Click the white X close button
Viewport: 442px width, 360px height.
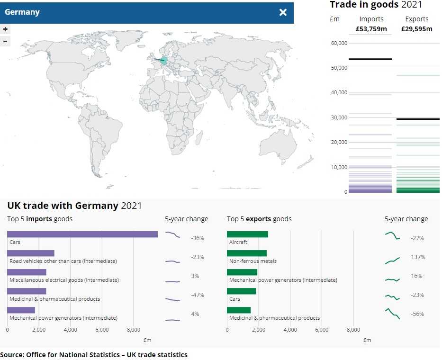[283, 12]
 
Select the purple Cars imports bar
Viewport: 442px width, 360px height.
[82, 234]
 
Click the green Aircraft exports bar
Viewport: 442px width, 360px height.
[247, 234]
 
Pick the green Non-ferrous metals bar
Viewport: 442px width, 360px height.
[246, 253]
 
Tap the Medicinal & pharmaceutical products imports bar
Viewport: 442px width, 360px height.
[27, 291]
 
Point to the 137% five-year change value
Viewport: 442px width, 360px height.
[418, 257]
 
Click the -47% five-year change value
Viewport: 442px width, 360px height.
[197, 295]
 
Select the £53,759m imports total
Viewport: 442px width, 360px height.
[371, 29]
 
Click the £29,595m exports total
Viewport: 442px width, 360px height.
[416, 29]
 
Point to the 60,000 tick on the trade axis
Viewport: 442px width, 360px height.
[339, 43]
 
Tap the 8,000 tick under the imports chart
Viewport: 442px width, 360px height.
[133, 330]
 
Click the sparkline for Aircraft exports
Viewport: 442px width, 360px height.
[392, 235]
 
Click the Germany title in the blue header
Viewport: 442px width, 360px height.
[22, 12]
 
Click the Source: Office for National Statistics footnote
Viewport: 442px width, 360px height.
[94, 354]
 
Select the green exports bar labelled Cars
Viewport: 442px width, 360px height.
[241, 291]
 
